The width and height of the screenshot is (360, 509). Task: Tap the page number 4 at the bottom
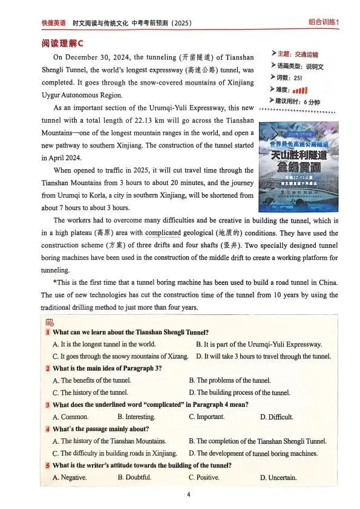189,494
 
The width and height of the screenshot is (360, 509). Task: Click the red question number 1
47,332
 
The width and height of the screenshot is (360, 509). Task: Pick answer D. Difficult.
277,417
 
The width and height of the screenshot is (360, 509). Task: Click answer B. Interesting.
136,417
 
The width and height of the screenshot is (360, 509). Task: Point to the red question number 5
47,465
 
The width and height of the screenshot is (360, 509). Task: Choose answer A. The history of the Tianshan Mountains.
106,441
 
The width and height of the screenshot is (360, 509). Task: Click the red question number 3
47,404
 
